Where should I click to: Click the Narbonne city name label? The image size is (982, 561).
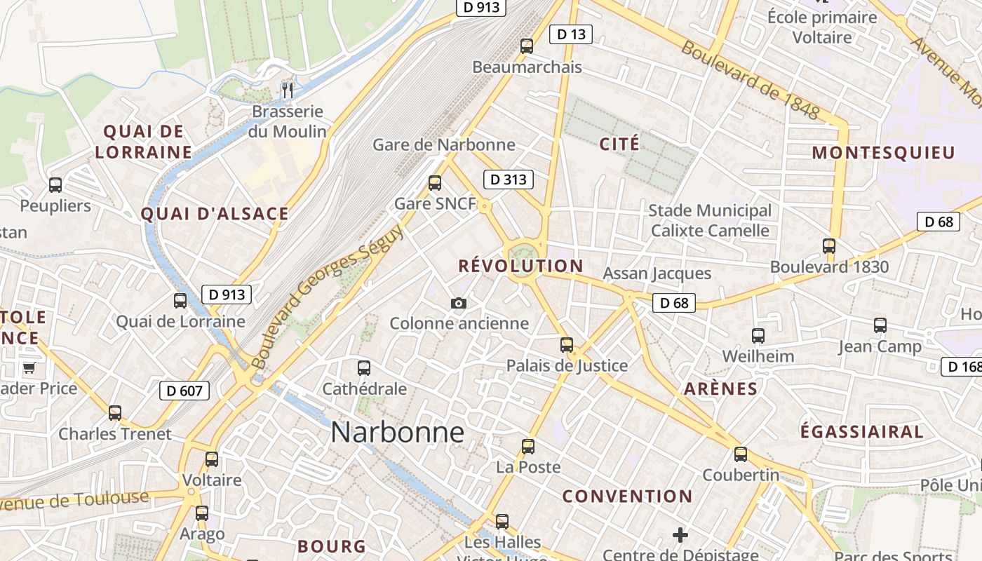(x=397, y=432)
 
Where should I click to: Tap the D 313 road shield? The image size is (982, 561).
(x=509, y=180)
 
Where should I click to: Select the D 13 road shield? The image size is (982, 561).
(x=570, y=34)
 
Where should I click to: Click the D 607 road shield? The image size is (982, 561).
(x=184, y=391)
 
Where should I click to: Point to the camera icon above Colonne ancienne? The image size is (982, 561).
(x=459, y=303)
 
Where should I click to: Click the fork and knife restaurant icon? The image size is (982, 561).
(x=287, y=90)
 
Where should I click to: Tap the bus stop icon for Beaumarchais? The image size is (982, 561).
(x=527, y=46)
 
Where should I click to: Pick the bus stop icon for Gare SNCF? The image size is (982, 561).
(x=435, y=183)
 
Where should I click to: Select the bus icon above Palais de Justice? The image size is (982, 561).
(x=567, y=345)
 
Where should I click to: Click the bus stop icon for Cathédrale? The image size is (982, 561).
(x=364, y=368)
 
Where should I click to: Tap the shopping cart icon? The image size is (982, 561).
(x=29, y=367)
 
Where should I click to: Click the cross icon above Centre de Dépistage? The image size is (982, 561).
(x=680, y=536)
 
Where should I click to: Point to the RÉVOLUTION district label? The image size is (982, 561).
(x=520, y=266)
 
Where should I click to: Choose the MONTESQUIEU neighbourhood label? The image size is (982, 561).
(x=884, y=153)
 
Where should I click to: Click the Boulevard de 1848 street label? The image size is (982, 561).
(x=750, y=80)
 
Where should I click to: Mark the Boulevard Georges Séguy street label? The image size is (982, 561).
(x=327, y=297)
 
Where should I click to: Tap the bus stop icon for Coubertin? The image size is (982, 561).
(x=741, y=454)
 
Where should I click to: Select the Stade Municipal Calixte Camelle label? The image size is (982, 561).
(x=710, y=220)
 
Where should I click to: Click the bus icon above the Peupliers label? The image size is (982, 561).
(x=55, y=185)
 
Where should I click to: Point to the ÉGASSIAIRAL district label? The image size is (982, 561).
(x=862, y=432)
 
